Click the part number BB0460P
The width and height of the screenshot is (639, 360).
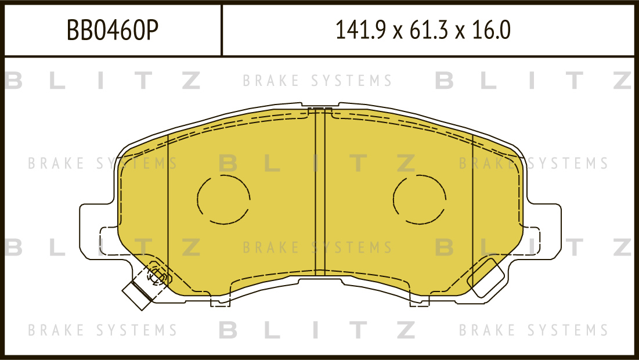coord(112,30)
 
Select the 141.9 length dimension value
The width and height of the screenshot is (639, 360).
coord(360,30)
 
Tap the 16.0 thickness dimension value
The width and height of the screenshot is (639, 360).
coord(491,30)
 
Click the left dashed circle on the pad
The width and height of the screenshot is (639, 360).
coord(197,200)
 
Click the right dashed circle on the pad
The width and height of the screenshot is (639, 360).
coord(393,200)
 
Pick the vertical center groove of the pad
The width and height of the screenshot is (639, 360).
coord(320,192)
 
